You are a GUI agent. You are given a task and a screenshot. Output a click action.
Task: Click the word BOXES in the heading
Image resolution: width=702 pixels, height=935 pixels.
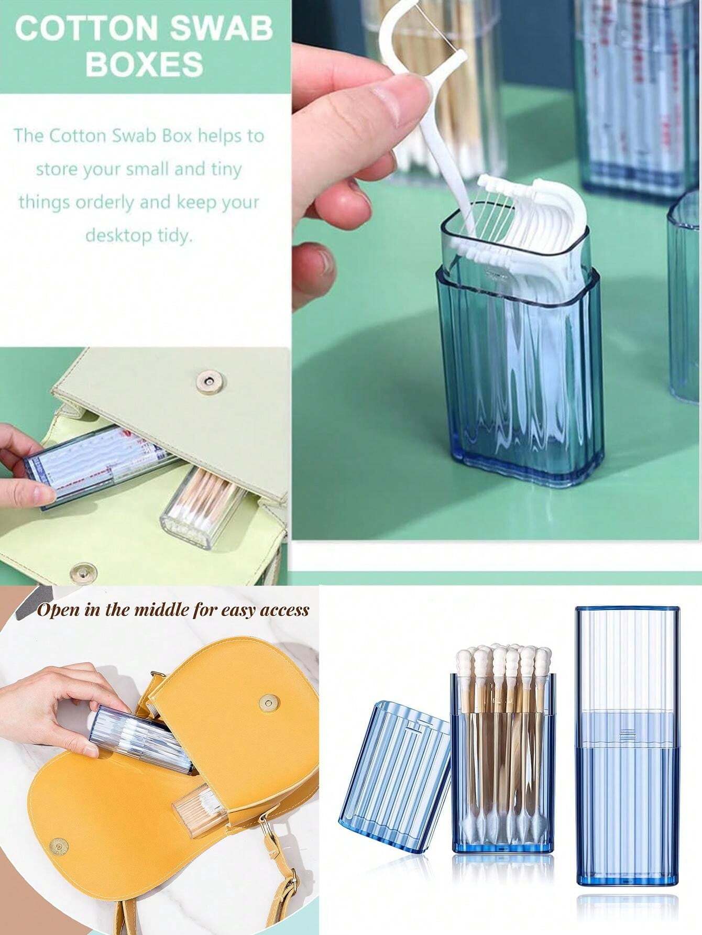click(144, 64)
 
